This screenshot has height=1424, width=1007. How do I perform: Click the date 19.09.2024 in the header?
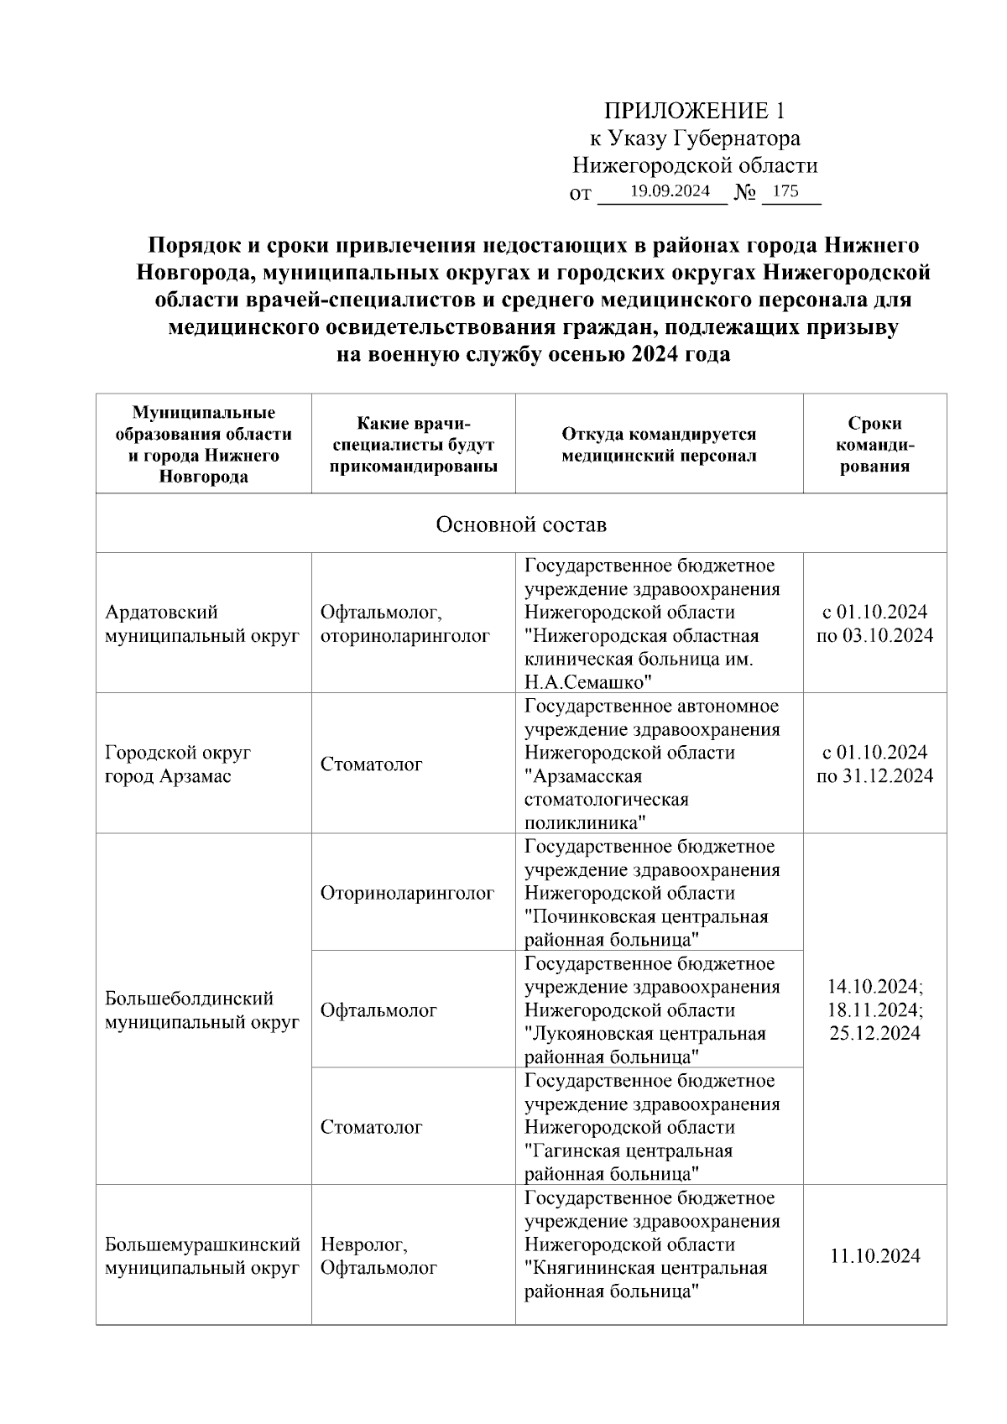click(x=670, y=190)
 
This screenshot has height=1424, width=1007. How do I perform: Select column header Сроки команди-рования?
click(x=874, y=445)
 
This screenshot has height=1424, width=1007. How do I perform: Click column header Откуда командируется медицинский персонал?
click(x=659, y=445)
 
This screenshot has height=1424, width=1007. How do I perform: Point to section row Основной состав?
click(x=521, y=524)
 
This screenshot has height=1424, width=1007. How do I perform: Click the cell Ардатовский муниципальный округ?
click(x=202, y=623)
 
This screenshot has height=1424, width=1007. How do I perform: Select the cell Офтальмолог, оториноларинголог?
click(x=404, y=623)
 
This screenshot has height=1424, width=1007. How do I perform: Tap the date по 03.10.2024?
click(x=874, y=635)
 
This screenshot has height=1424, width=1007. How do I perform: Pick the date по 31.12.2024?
click(x=874, y=775)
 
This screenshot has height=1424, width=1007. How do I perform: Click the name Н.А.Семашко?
click(x=589, y=681)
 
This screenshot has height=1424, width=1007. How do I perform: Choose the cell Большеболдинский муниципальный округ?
click(x=202, y=1010)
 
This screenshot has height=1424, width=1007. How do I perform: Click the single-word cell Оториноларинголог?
click(x=407, y=894)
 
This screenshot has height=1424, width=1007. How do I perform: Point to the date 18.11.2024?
click(x=875, y=1009)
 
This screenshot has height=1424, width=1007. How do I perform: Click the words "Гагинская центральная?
click(x=629, y=1150)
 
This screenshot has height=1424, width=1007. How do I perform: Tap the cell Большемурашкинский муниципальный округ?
click(x=202, y=1256)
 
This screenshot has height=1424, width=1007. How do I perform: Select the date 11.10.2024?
click(x=874, y=1256)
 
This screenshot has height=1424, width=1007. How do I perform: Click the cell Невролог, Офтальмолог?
click(x=378, y=1256)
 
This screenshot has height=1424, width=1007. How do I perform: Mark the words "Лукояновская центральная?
click(x=644, y=1034)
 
